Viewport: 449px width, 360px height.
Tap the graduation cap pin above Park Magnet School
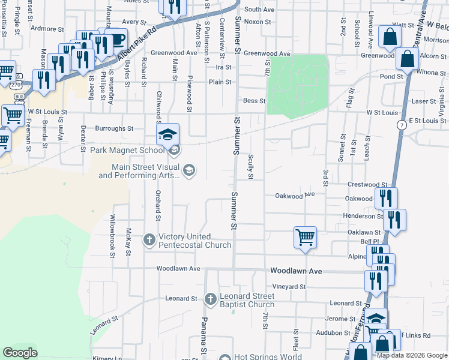click(168, 134)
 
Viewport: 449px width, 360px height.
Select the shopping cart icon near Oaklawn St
click(305, 238)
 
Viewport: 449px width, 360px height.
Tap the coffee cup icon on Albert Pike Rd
click(116, 40)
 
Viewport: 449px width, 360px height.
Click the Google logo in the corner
click(20, 353)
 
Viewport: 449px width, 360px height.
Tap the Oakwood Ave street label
click(295, 195)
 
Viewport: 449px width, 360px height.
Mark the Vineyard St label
click(289, 287)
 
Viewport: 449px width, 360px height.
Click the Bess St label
click(253, 101)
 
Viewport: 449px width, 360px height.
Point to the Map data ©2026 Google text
click(412, 355)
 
